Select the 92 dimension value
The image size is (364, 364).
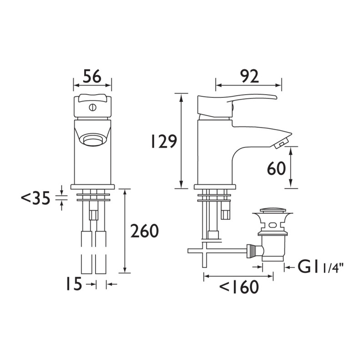point(248,76)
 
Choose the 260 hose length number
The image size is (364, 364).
point(144,232)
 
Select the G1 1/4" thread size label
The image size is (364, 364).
point(319,268)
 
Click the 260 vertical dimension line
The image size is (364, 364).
point(124,232)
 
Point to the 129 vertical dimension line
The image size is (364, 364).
point(182,141)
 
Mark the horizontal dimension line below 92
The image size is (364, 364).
point(248,85)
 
